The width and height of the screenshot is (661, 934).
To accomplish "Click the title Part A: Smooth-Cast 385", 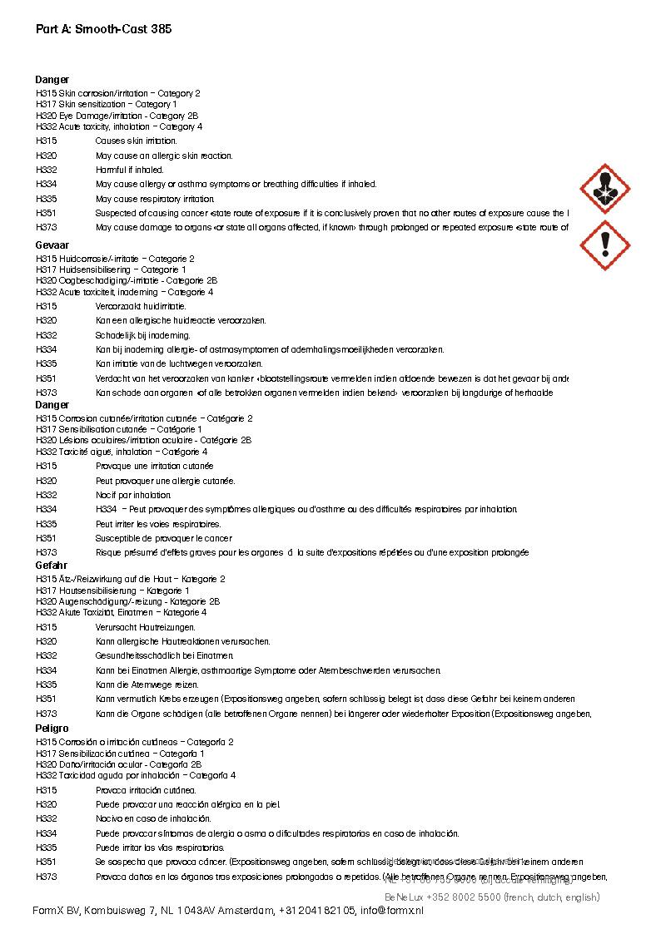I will click(x=104, y=29).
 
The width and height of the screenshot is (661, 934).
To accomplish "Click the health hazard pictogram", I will click(x=604, y=189).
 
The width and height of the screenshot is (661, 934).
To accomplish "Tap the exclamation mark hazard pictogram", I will click(x=604, y=245).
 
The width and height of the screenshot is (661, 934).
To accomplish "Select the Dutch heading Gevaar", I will click(x=52, y=246).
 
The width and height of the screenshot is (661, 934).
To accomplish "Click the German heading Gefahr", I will click(x=51, y=566).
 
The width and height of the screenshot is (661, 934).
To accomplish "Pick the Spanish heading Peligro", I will click(x=52, y=729).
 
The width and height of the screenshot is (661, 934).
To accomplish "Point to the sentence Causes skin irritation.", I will click(x=137, y=141).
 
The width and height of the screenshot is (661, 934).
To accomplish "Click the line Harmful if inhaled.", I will click(x=130, y=170).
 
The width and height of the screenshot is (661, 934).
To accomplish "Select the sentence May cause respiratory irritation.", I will click(x=155, y=199).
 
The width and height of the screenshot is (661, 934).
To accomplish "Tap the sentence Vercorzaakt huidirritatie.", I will click(x=141, y=306).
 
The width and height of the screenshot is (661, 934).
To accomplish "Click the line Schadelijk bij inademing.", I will click(x=143, y=335).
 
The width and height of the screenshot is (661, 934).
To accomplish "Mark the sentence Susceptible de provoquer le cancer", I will click(x=164, y=538).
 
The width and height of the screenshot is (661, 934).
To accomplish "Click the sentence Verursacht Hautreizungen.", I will click(x=146, y=627).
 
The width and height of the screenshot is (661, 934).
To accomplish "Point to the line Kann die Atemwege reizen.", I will click(x=147, y=684).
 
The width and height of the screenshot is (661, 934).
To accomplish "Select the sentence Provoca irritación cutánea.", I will click(x=146, y=790).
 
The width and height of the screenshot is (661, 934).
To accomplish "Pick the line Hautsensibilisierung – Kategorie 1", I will click(x=112, y=591).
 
